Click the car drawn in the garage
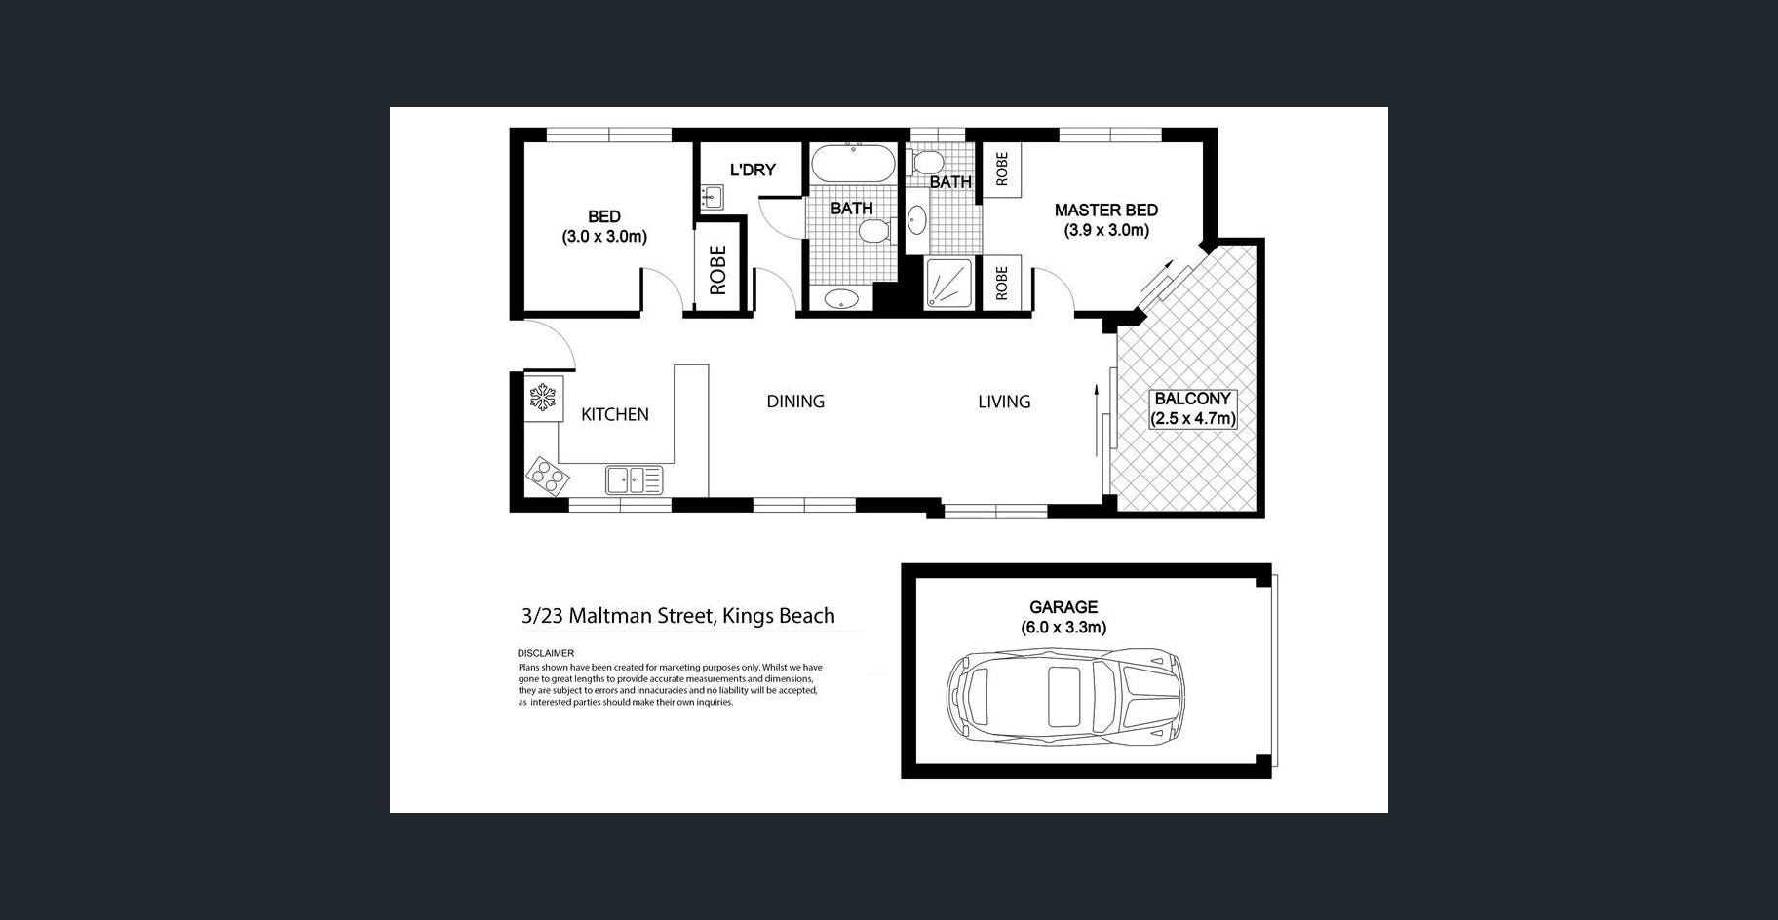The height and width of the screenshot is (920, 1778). tap(1066, 695)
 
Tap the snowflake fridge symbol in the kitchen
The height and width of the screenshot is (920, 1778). tap(542, 398)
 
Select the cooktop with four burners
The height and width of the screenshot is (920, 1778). tap(547, 477)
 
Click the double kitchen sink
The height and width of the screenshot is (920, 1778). tap(634, 480)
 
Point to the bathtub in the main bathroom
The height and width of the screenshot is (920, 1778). tap(853, 163)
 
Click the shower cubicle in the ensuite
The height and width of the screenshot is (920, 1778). tap(947, 284)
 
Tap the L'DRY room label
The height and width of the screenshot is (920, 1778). tap(753, 170)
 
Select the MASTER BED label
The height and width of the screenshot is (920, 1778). tap(1106, 210)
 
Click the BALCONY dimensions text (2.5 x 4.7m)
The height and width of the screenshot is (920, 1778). tap(1193, 419)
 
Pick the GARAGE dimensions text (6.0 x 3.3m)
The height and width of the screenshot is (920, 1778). tap(1063, 628)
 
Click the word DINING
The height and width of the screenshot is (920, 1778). tap(795, 402)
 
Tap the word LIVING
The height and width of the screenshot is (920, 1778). tap(1004, 402)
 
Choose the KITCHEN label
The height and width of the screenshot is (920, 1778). tap(615, 414)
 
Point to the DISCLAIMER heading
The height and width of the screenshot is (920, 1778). tap(546, 653)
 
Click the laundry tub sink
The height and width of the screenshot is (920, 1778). tap(712, 197)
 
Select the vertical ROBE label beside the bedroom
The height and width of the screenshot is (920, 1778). tap(718, 270)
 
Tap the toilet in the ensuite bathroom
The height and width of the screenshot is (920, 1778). tap(925, 161)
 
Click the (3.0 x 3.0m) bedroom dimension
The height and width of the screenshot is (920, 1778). tap(604, 237)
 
